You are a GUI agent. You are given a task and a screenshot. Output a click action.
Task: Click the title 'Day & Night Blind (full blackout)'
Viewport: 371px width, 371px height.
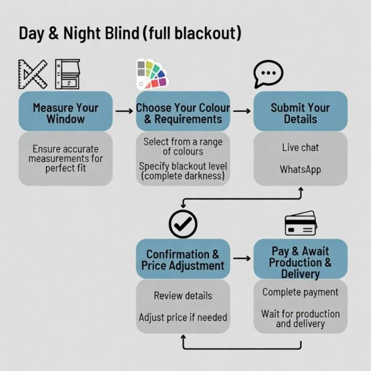pyautogui.click(x=130, y=33)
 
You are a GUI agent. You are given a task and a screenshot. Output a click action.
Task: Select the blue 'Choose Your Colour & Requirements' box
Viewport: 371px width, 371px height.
pyautogui.click(x=183, y=113)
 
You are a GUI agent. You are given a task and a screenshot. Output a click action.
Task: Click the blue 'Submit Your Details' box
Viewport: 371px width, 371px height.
pyautogui.click(x=301, y=113)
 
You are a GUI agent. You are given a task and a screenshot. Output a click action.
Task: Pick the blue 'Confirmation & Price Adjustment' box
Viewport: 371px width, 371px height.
pyautogui.click(x=183, y=260)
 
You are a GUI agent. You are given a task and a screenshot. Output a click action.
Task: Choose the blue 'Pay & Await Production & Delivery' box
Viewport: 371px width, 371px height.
pyautogui.click(x=301, y=259)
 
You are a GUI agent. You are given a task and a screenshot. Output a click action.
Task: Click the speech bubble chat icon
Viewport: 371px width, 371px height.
pyautogui.click(x=268, y=74)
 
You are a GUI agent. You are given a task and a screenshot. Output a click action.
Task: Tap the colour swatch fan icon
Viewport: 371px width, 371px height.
pyautogui.click(x=151, y=74)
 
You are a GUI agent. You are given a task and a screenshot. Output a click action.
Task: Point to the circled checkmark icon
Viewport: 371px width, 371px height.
pyautogui.click(x=183, y=224)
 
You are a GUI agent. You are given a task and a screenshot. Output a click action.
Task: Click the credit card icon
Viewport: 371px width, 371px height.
pyautogui.click(x=301, y=223)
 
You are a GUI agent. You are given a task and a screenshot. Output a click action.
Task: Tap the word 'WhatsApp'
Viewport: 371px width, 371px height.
pyautogui.click(x=301, y=169)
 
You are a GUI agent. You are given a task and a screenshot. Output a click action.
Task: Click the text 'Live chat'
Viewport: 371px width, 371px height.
pyautogui.click(x=301, y=148)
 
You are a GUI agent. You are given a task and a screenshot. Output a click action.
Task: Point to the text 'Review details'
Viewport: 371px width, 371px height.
pyautogui.click(x=183, y=296)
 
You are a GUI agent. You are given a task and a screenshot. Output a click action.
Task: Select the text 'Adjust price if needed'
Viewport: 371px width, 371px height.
pyautogui.click(x=183, y=317)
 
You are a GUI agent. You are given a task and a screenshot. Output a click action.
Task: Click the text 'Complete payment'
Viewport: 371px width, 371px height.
pyautogui.click(x=301, y=292)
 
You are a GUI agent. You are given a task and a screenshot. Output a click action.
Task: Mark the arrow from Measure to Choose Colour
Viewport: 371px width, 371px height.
pyautogui.click(x=124, y=111)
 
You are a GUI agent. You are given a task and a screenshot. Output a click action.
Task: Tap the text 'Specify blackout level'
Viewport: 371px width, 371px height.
pyautogui.click(x=183, y=166)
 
